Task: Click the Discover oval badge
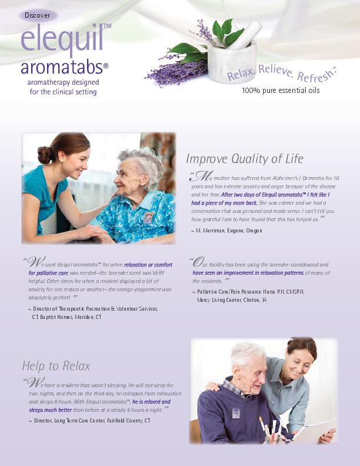(38, 15)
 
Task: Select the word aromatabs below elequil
(62, 67)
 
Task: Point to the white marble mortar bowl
(232, 63)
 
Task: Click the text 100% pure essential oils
(281, 91)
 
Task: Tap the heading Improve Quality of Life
(245, 159)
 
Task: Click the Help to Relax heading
(56, 366)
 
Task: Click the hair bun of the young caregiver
(44, 155)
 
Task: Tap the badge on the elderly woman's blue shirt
(148, 217)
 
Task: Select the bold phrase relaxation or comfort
(148, 265)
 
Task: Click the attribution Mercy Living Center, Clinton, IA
(232, 300)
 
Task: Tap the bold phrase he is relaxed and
(152, 402)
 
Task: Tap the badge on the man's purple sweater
(236, 414)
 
